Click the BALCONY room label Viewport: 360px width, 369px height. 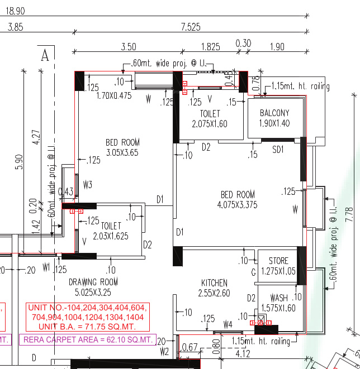pyautogui.click(x=274, y=113)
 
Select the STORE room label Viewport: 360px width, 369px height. pyautogui.click(x=278, y=261)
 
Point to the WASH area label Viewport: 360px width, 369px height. pyautogui.click(x=279, y=298)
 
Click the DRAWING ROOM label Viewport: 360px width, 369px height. pyautogui.click(x=93, y=281)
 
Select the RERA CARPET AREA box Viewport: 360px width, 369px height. pyautogui.click(x=87, y=339)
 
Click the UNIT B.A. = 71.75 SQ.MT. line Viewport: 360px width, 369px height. pyautogui.click(x=87, y=325)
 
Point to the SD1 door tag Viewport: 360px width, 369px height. pyautogui.click(x=278, y=150)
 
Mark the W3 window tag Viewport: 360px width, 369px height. pyautogui.click(x=87, y=184)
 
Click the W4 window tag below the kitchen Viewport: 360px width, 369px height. pyautogui.click(x=228, y=324)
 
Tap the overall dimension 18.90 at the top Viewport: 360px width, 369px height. pyautogui.click(x=15, y=11)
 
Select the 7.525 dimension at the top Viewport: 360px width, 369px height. pyautogui.click(x=191, y=26)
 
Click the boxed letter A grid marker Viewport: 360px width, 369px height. pyautogui.click(x=45, y=55)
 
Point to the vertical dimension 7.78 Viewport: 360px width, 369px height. pyautogui.click(x=350, y=215)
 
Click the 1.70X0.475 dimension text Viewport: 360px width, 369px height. pyautogui.click(x=113, y=95)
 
